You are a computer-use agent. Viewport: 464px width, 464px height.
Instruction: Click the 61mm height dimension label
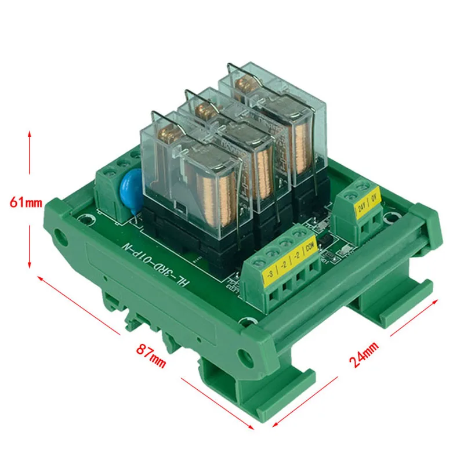click(26, 202)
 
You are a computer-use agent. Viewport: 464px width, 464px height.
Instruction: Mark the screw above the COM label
click(299, 233)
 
